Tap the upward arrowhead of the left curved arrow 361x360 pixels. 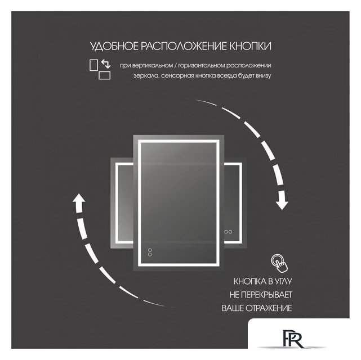79,200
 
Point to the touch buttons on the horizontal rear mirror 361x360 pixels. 229,231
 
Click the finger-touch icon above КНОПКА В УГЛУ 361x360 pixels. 278,262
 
